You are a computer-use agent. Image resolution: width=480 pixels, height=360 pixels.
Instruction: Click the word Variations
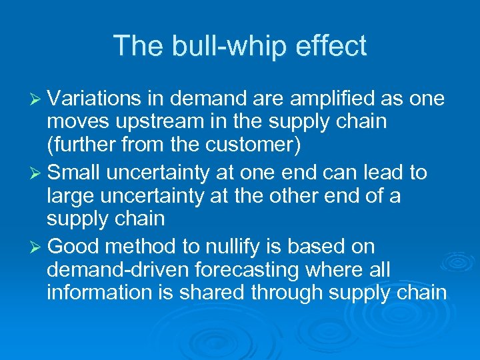pos(93,99)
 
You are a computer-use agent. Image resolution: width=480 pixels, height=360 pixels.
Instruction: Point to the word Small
pos(74,173)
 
